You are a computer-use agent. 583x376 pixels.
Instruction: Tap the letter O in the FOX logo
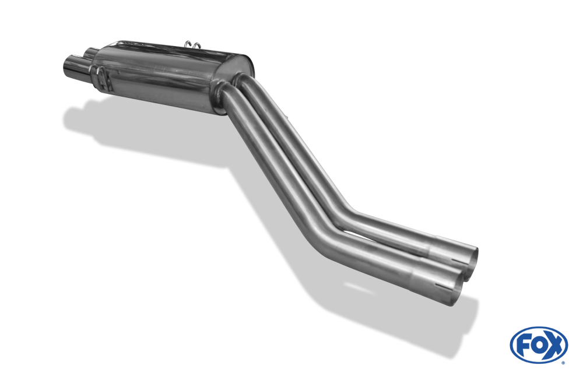(538, 345)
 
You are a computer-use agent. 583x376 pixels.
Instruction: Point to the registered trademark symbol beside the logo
(563, 363)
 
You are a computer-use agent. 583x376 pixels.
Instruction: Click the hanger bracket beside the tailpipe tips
(104, 80)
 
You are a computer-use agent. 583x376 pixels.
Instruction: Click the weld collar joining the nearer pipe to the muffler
(220, 93)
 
